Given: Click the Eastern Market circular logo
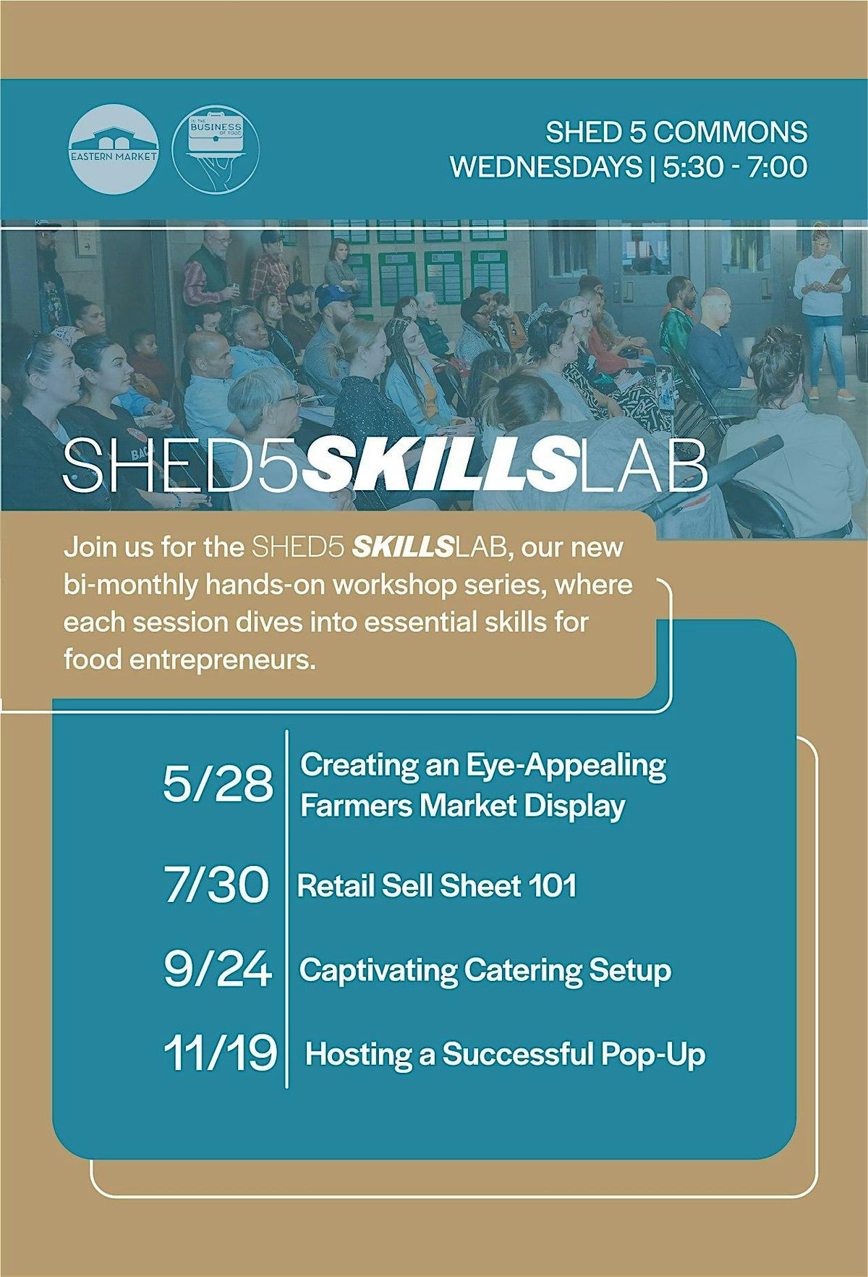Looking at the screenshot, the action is click(x=114, y=148).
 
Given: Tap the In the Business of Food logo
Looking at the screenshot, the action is click(x=216, y=148).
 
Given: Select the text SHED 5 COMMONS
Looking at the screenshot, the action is click(x=676, y=132).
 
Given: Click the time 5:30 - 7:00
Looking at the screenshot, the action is click(x=735, y=167).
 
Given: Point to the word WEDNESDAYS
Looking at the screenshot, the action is click(x=546, y=167).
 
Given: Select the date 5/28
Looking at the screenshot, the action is click(x=218, y=784).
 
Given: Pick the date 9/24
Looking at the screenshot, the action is click(x=218, y=969).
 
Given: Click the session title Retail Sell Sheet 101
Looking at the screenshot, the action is click(x=437, y=885).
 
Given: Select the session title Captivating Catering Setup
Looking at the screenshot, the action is click(x=485, y=970).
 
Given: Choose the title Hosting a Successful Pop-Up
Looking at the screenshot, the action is click(x=505, y=1054).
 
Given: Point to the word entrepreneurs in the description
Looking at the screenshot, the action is click(x=190, y=661).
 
